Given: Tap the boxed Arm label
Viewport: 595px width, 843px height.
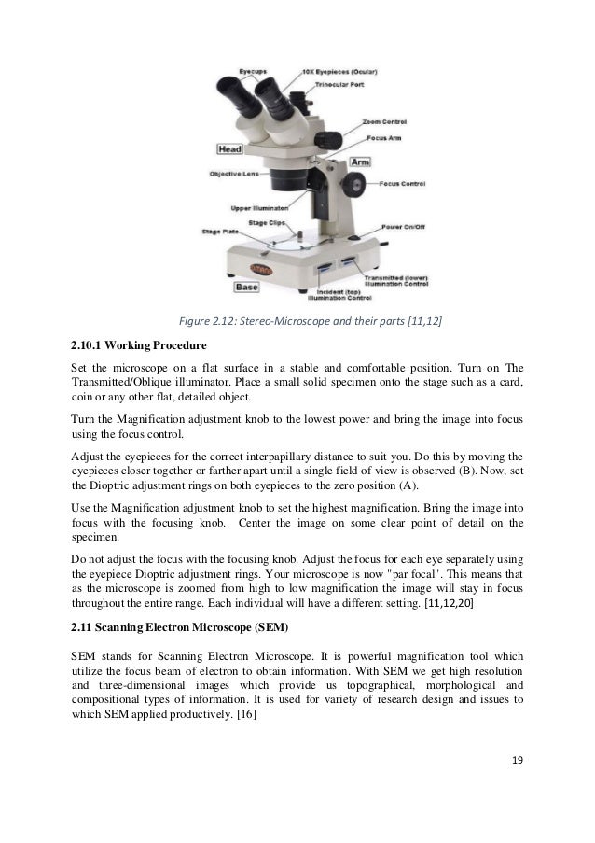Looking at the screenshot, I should pyautogui.click(x=360, y=162).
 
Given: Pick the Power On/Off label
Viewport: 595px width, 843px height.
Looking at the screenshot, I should pyautogui.click(x=405, y=225).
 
